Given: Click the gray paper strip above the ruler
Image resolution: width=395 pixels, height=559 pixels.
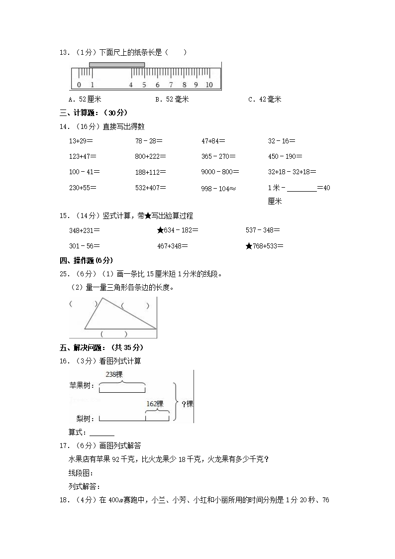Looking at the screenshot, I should click(x=117, y=65).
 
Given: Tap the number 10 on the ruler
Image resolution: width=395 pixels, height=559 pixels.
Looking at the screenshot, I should click(x=209, y=85).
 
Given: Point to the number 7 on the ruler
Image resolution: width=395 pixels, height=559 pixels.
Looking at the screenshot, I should click(x=171, y=85).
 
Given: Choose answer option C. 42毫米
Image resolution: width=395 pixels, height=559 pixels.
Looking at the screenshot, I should click(x=265, y=99).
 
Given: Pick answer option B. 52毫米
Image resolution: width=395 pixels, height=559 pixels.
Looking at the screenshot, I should click(x=172, y=99).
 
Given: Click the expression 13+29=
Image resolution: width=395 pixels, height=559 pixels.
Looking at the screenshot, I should click(x=82, y=141).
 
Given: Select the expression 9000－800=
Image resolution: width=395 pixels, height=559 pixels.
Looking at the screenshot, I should click(x=220, y=172).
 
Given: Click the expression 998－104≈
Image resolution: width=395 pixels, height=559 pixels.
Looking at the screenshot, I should click(x=219, y=188).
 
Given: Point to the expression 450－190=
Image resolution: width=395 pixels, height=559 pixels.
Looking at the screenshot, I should click(x=285, y=156).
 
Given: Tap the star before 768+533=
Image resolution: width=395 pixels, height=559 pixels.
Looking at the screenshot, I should click(x=249, y=245).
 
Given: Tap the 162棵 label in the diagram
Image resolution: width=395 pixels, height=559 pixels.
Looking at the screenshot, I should click(x=155, y=404).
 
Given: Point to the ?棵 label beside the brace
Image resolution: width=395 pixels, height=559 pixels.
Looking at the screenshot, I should click(x=187, y=404).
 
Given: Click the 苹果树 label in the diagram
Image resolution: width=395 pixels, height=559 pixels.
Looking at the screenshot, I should click(x=82, y=385).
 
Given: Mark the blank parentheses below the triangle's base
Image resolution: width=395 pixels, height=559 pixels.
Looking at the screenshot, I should click(x=114, y=334).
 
